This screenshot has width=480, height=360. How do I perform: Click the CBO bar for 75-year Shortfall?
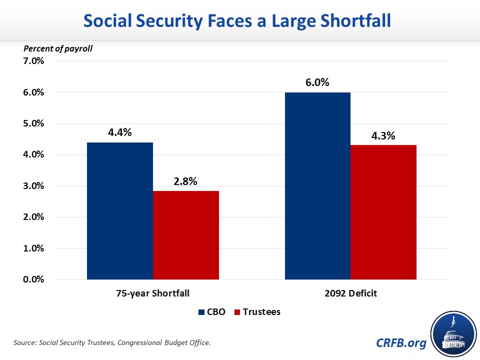[120, 210]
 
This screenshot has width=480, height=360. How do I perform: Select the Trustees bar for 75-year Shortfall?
[186, 235]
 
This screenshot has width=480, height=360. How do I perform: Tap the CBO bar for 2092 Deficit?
[317, 185]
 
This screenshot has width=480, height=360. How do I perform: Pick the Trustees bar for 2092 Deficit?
[383, 212]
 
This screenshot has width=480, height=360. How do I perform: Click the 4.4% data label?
[120, 133]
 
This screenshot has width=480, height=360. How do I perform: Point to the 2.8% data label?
[186, 181]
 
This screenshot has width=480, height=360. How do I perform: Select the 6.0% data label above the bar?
[317, 83]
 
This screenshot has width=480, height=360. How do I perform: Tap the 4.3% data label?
[383, 135]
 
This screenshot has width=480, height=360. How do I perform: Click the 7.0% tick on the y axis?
[34, 61]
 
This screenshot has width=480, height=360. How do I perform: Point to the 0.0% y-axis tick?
[34, 279]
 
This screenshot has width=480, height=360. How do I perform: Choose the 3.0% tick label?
[34, 186]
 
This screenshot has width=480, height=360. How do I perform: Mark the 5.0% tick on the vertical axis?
[34, 123]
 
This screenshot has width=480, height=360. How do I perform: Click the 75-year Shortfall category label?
[152, 294]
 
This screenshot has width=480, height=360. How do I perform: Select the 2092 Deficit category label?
[350, 294]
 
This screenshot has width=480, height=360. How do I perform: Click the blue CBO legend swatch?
[202, 312]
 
